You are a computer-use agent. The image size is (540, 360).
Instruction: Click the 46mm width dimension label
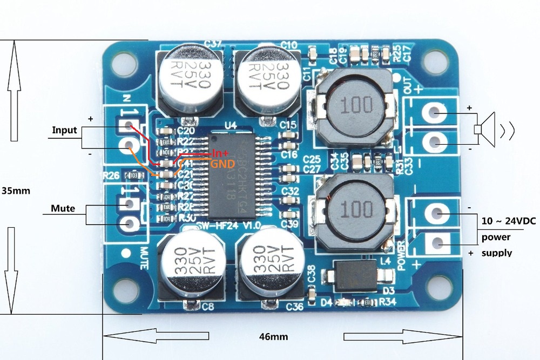coord(274,336)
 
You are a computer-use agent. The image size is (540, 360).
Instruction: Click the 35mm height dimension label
coord(16,191)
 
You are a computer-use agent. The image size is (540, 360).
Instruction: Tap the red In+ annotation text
coord(221,153)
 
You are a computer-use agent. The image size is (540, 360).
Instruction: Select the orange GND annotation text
coord(222,164)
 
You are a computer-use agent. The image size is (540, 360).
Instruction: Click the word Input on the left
coord(64,130)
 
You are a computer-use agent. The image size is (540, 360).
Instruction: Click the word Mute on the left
coord(63,208)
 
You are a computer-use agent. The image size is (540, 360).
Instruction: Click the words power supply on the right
coord(497,245)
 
